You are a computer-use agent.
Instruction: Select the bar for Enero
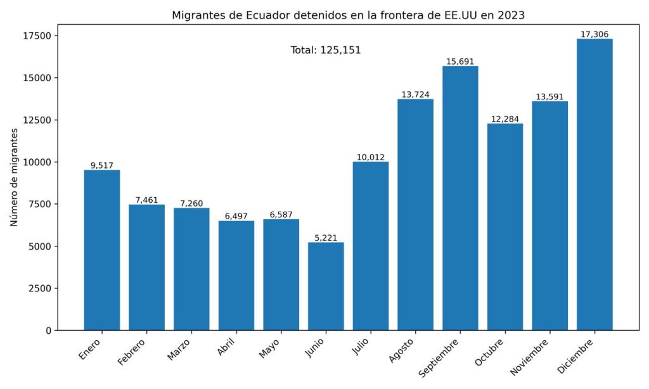point(102,250)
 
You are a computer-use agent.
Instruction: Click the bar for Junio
point(326,286)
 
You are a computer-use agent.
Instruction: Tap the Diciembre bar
point(594,184)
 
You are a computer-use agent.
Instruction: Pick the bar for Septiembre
point(460,198)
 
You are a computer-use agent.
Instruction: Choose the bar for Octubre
point(505,226)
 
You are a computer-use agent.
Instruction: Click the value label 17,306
point(594,34)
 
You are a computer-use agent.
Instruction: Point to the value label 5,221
point(326,238)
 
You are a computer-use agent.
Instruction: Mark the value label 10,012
point(371,157)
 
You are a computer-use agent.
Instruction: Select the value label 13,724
point(416,94)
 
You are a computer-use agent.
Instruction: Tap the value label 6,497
point(236,216)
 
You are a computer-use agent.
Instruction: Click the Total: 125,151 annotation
point(326,50)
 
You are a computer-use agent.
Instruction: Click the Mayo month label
point(270,349)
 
